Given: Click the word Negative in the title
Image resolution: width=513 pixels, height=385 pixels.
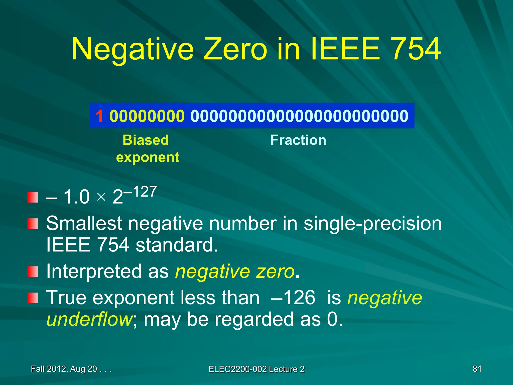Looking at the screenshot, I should pyautogui.click(x=133, y=49).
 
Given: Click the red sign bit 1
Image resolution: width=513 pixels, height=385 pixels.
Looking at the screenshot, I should pyautogui.click(x=99, y=116).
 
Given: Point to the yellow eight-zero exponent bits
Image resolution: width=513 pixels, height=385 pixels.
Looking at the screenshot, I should pyautogui.click(x=147, y=116).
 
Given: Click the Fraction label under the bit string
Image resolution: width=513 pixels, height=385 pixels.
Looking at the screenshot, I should pyautogui.click(x=298, y=140).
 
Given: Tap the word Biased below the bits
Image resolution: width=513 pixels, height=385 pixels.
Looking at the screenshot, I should pyautogui.click(x=146, y=140).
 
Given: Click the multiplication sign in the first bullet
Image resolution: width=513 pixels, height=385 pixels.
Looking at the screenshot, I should pyautogui.click(x=101, y=197).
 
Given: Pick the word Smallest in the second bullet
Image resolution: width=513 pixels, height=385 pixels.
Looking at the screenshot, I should pyautogui.click(x=84, y=223).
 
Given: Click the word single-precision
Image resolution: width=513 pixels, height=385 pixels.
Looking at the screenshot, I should pyautogui.click(x=372, y=224).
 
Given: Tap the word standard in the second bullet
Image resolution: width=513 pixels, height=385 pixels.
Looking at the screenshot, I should pyautogui.click(x=177, y=245).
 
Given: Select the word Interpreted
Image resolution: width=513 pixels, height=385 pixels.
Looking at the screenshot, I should pyautogui.click(x=95, y=272).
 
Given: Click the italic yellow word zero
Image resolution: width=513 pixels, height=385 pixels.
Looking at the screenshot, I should pyautogui.click(x=275, y=272).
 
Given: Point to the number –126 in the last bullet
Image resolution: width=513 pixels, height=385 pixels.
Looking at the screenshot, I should pyautogui.click(x=293, y=298).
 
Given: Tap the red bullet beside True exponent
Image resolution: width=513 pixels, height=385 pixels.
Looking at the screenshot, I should pyautogui.click(x=33, y=298).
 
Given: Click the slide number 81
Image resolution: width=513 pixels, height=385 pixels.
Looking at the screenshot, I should pyautogui.click(x=477, y=369).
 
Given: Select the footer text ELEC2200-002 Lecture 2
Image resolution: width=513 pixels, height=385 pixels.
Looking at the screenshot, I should pyautogui.click(x=256, y=369).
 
